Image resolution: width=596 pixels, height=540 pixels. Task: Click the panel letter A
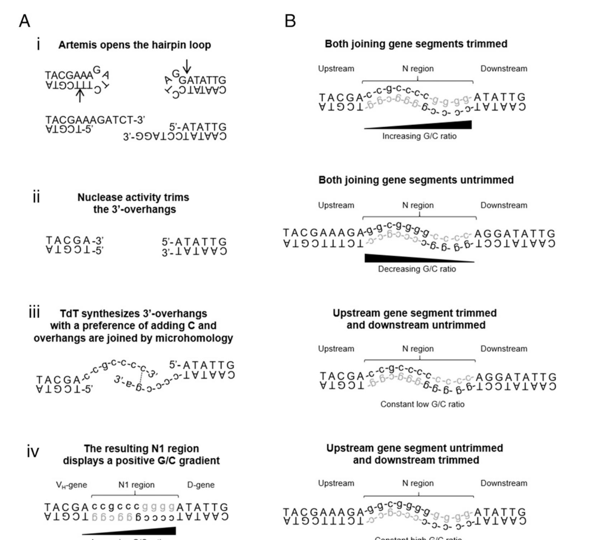click(x=24, y=21)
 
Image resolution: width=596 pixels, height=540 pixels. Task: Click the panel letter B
click(x=290, y=21)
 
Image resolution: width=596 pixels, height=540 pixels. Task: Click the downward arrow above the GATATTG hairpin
click(x=187, y=66)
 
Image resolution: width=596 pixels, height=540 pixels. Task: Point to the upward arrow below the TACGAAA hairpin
click(x=80, y=95)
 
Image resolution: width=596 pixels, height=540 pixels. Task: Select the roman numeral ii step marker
click(x=36, y=197)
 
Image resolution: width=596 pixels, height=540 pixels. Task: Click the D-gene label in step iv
click(x=201, y=485)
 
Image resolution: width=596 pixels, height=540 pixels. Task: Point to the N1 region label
click(x=136, y=485)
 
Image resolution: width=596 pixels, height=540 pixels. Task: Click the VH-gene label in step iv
click(x=71, y=485)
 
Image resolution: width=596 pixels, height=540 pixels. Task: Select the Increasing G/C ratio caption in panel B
click(x=419, y=136)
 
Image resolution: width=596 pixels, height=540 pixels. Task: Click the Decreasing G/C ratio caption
click(x=417, y=269)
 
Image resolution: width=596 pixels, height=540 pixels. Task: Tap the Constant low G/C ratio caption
click(x=422, y=404)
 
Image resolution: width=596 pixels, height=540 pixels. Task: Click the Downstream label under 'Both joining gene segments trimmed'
click(x=503, y=69)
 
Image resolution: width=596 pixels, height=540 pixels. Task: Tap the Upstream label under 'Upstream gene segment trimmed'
click(x=336, y=349)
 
